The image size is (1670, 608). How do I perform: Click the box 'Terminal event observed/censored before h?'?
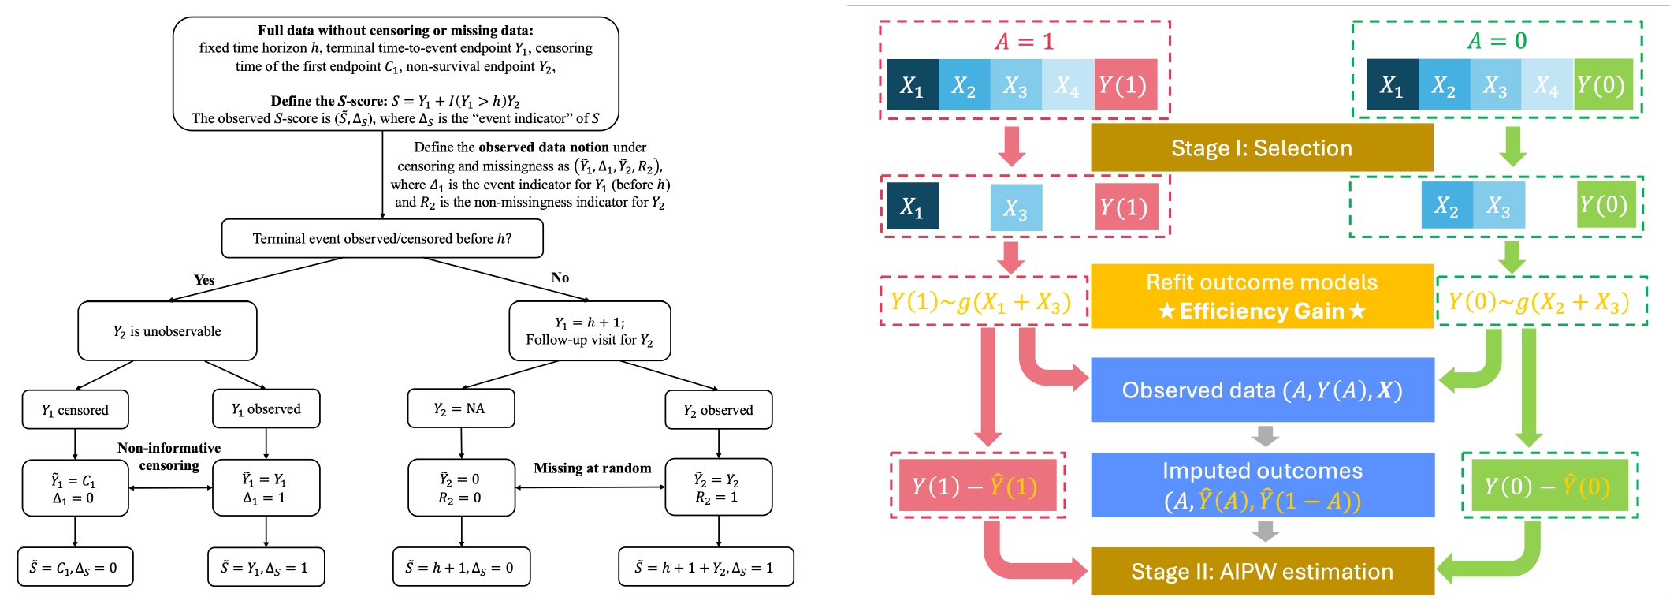click(382, 238)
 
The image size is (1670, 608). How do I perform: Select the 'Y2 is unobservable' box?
click(167, 331)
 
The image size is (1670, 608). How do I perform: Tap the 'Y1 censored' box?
click(75, 410)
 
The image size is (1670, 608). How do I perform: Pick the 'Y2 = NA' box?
click(460, 408)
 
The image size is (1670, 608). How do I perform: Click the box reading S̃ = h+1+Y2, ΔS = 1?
click(705, 568)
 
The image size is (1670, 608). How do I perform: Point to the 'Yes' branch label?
click(204, 280)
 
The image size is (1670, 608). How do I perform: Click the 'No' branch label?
click(560, 278)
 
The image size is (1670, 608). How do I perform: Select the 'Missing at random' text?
click(592, 468)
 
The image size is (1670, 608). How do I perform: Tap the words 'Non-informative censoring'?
click(169, 457)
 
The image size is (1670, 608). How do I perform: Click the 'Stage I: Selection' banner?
click(1261, 148)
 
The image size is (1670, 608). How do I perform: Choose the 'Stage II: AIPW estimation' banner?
click(1261, 572)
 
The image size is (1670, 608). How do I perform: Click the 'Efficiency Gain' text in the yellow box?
click(1261, 311)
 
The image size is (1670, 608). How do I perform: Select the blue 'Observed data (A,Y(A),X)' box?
click(1261, 390)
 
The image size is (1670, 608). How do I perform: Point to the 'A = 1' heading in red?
click(1024, 41)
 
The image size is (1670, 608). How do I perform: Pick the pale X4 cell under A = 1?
click(1067, 85)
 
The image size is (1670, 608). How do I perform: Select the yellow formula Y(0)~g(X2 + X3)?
click(1539, 302)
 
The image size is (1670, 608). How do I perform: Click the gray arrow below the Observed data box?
click(1264, 436)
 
